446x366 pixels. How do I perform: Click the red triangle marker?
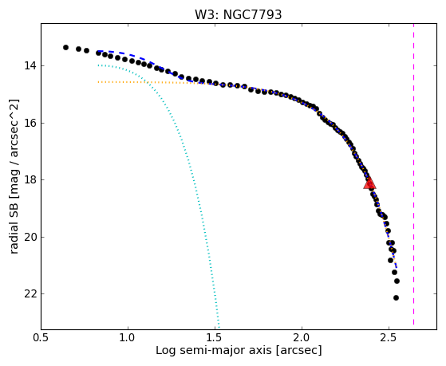[x=369, y=183]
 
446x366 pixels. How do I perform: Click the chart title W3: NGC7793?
[x=238, y=14]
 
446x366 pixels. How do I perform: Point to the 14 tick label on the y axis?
[x=30, y=65]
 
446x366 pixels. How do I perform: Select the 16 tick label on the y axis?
[x=30, y=123]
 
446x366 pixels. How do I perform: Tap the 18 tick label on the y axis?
[x=30, y=180]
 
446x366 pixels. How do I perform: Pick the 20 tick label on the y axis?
[x=30, y=237]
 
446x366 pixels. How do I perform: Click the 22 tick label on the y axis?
[x=30, y=294]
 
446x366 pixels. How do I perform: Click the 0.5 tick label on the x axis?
[x=41, y=337]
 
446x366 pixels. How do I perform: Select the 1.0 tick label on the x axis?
[x=128, y=337]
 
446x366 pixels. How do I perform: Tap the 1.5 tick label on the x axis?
[x=215, y=337]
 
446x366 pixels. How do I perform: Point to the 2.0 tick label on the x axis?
[x=302, y=337]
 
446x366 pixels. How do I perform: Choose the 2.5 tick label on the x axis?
[x=389, y=337]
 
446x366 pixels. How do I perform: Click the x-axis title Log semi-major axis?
[x=214, y=350]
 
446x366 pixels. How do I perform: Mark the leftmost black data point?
[x=65, y=48]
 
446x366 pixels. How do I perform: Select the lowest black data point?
[x=396, y=297]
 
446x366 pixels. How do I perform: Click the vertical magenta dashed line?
[x=413, y=174]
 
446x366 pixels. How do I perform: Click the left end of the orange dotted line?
[x=98, y=82]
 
